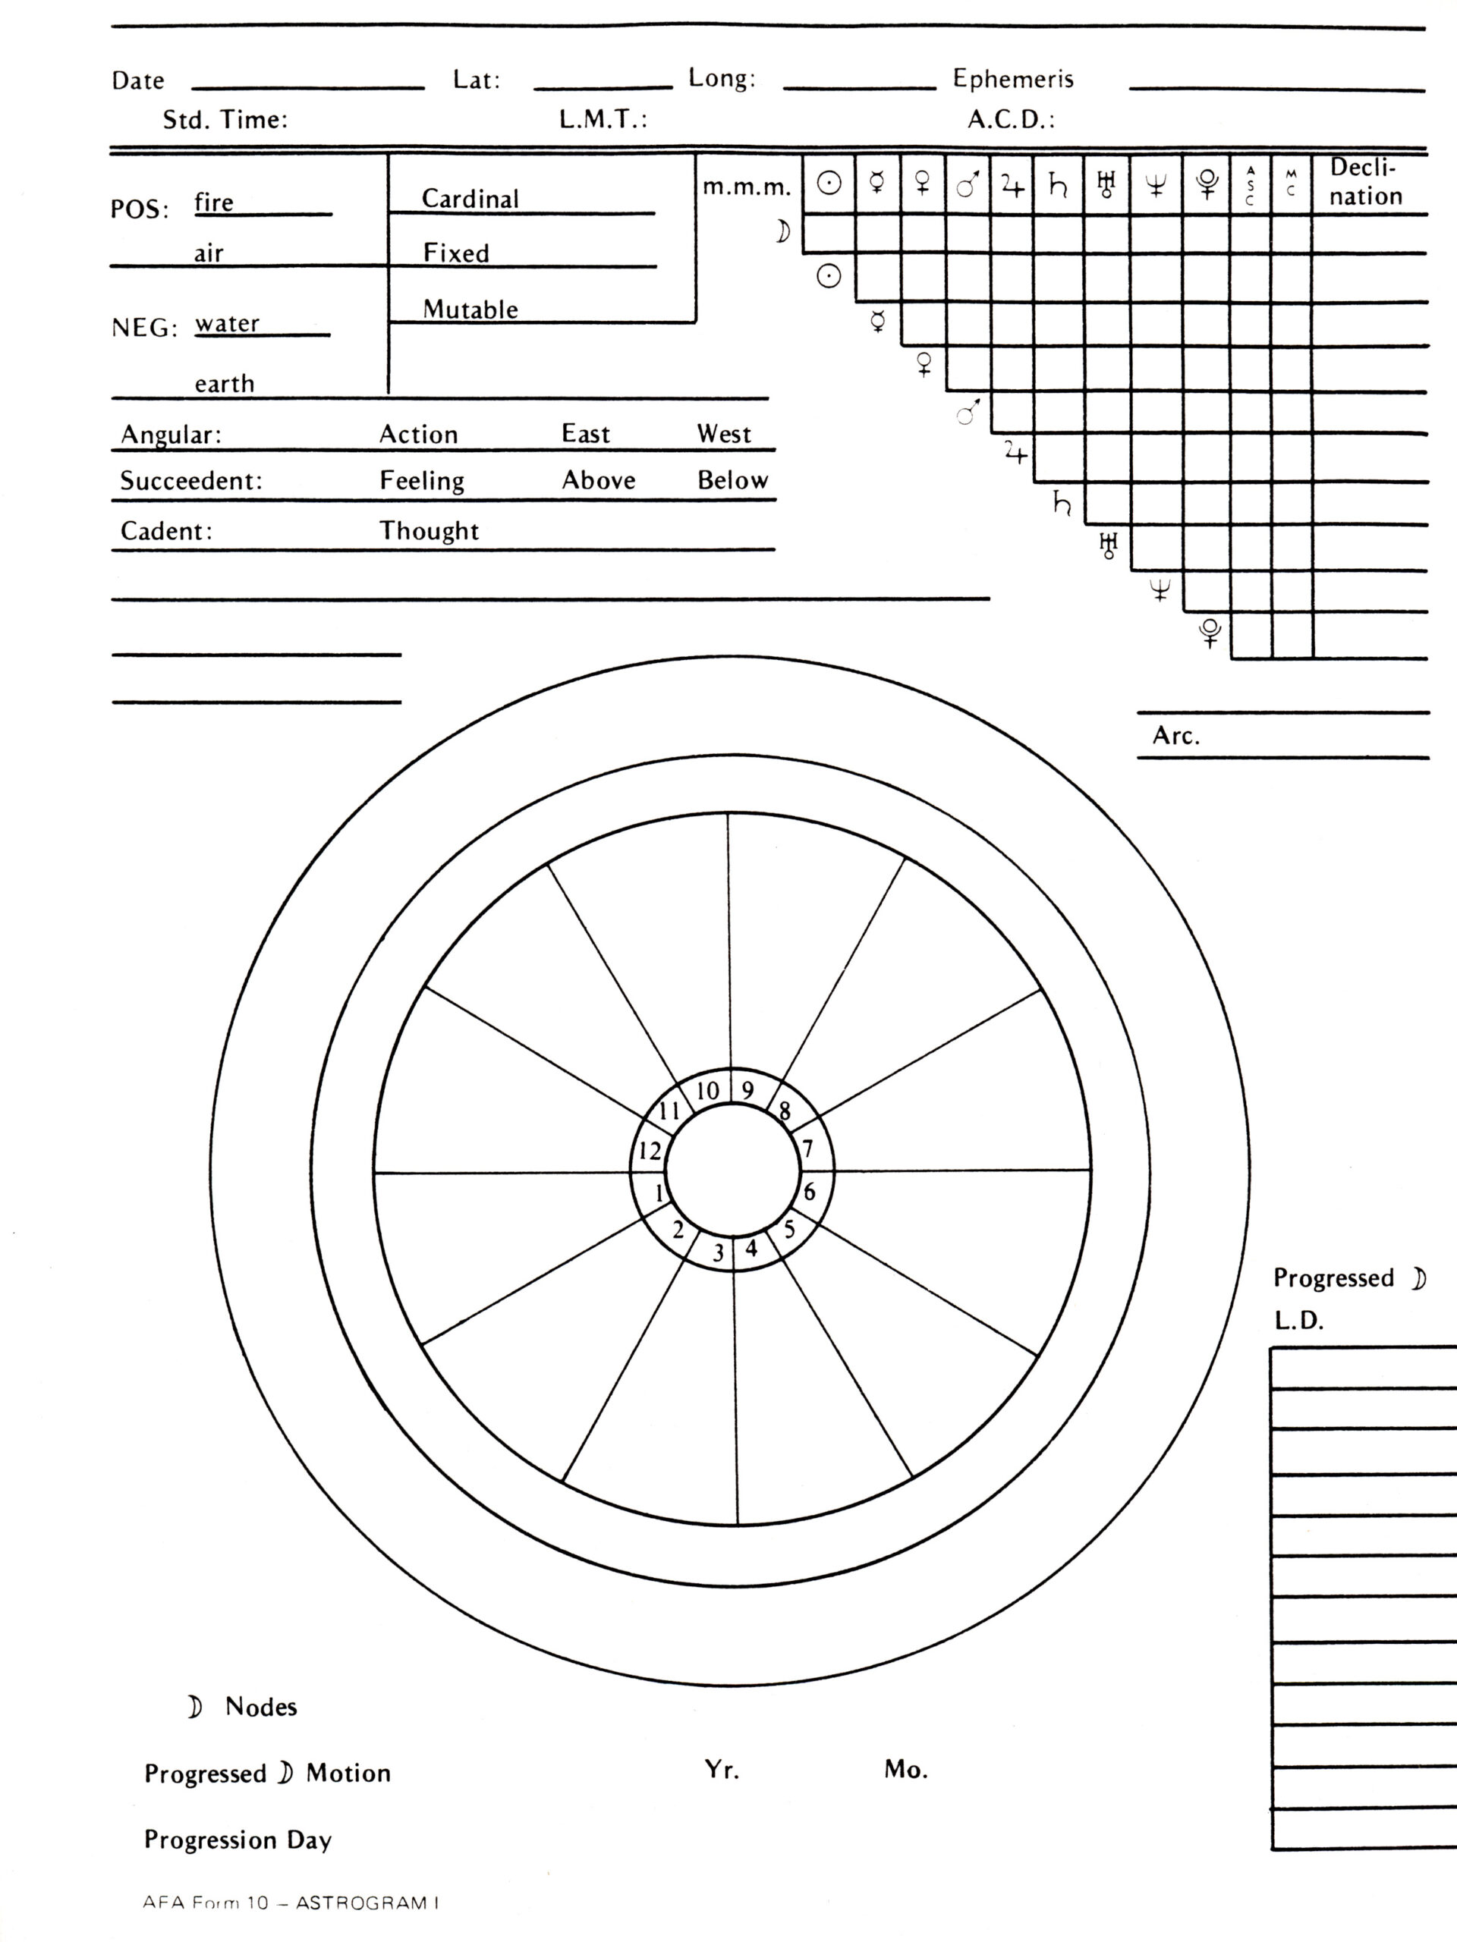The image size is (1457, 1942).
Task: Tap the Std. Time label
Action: pyautogui.click(x=225, y=121)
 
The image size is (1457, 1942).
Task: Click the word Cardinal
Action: pyautogui.click(x=470, y=200)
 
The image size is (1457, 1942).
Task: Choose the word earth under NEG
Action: pyautogui.click(x=224, y=385)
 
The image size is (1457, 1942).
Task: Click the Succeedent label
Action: pyautogui.click(x=191, y=481)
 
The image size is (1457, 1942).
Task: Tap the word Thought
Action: pyautogui.click(x=429, y=531)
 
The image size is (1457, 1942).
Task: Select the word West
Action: pyautogui.click(x=724, y=435)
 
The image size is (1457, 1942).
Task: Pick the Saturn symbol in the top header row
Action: pyautogui.click(x=1059, y=184)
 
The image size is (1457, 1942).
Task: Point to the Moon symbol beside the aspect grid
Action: pyautogui.click(x=782, y=232)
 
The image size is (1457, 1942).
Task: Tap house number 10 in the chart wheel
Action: pyautogui.click(x=708, y=1092)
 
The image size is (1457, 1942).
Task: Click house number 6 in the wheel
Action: pyautogui.click(x=810, y=1191)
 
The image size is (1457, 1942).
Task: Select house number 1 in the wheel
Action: pyautogui.click(x=659, y=1193)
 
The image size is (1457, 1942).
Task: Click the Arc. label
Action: pyautogui.click(x=1176, y=736)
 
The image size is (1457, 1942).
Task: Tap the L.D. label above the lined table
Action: pyautogui.click(x=1298, y=1321)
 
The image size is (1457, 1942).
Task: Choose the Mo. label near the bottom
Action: pyautogui.click(x=905, y=1770)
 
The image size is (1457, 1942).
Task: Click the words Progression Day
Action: pyautogui.click(x=238, y=1840)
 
